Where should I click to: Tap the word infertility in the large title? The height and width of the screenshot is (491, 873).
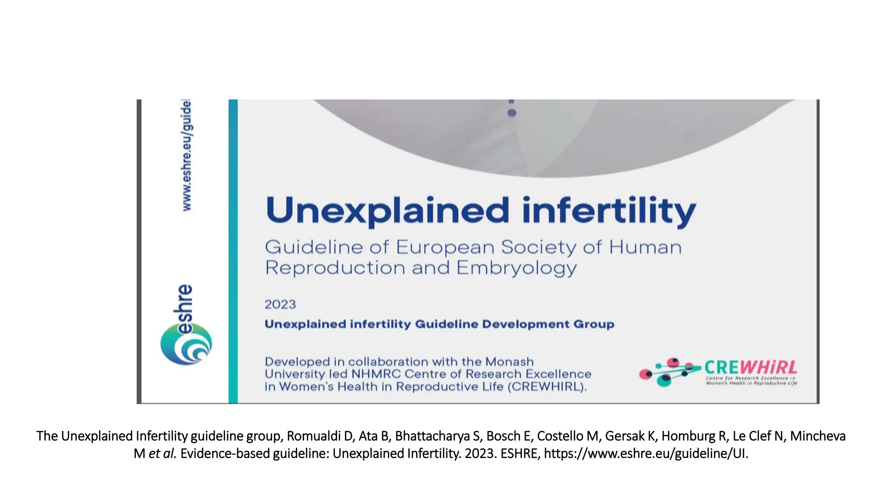click(x=609, y=211)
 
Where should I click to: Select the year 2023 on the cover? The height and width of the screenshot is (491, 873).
click(x=280, y=304)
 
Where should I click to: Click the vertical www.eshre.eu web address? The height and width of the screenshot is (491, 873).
click(x=187, y=156)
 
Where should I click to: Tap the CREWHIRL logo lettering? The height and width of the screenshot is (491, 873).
click(x=750, y=367)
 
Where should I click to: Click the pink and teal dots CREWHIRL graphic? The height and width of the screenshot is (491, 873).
click(x=669, y=372)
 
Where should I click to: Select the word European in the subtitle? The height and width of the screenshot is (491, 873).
click(x=445, y=247)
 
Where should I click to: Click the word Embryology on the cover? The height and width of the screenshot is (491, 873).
click(x=516, y=269)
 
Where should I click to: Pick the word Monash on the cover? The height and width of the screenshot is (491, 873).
click(x=509, y=362)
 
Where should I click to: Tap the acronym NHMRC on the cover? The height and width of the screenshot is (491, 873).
click(x=376, y=374)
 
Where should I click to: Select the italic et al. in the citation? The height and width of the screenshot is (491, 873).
click(x=162, y=453)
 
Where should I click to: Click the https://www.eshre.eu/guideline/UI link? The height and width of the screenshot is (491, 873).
click(x=645, y=453)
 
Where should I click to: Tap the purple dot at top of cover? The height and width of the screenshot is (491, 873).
click(x=512, y=113)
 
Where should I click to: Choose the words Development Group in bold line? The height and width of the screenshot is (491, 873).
click(x=548, y=324)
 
